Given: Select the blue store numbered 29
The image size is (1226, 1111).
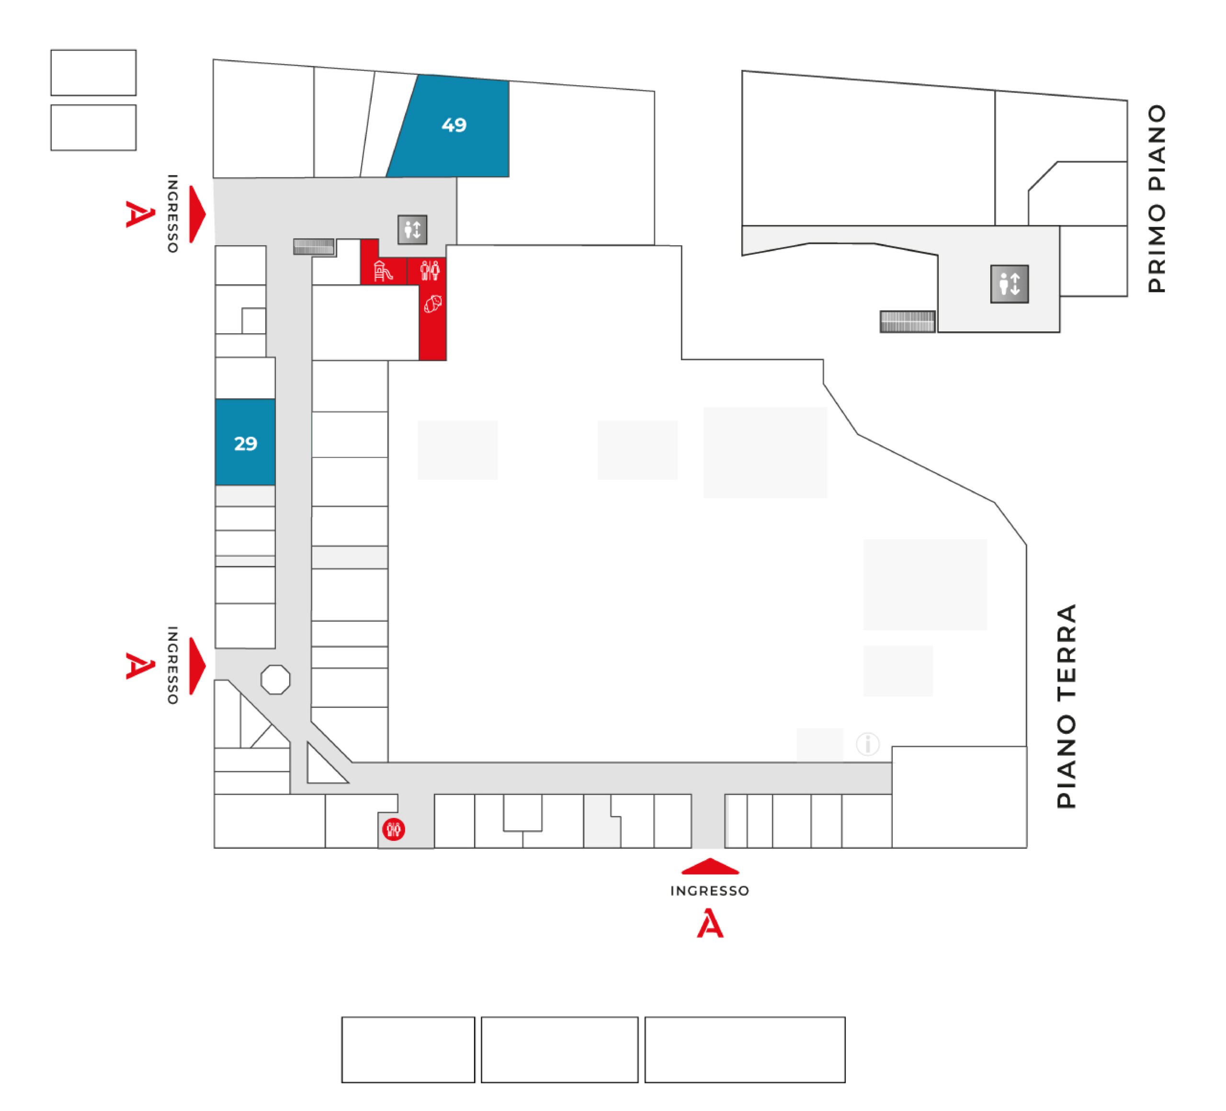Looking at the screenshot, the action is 245,442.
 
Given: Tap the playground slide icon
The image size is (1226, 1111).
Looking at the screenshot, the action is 383,271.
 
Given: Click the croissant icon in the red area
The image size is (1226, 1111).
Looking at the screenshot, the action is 433,304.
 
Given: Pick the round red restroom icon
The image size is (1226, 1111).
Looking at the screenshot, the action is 394,829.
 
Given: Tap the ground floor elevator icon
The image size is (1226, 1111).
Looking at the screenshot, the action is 412,230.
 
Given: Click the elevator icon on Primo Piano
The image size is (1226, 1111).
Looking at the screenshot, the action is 1010,284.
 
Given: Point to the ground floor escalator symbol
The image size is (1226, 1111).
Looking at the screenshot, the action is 314,246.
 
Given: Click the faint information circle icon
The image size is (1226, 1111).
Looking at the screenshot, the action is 868,744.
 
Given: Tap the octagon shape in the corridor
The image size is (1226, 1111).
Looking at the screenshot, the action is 275,679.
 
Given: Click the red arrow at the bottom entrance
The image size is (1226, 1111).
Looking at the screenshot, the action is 710,866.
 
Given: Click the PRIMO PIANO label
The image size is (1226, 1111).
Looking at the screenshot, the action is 1157,199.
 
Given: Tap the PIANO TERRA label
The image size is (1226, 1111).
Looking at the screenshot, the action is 1067,706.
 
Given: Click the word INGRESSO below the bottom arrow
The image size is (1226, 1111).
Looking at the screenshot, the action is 710,891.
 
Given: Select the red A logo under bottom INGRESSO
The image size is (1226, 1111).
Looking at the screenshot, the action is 710,923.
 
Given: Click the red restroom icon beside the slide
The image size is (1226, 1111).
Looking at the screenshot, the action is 430,270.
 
